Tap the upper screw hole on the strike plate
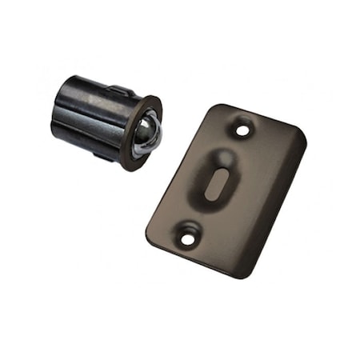point(242,126)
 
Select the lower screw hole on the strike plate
point(188,236)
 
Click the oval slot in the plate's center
point(214,183)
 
